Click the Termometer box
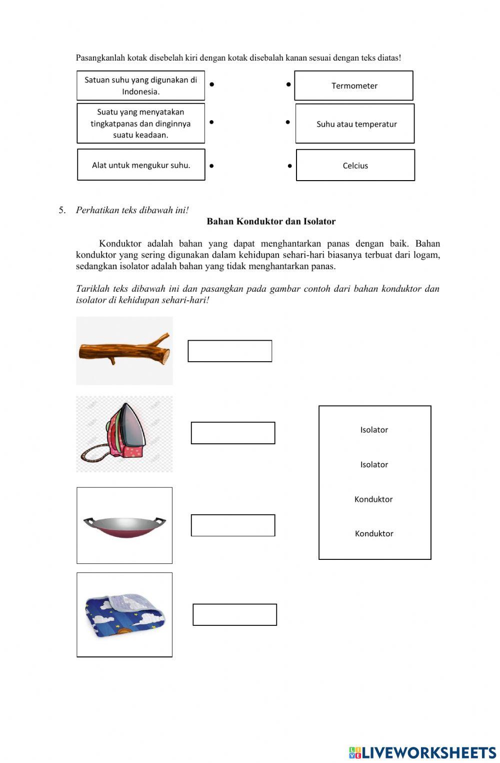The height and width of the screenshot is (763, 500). pyautogui.click(x=353, y=86)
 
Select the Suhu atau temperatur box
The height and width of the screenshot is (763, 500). pyautogui.click(x=355, y=124)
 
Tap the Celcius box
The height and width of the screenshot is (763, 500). pyautogui.click(x=355, y=165)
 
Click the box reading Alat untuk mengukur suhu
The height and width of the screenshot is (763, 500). pyautogui.click(x=141, y=165)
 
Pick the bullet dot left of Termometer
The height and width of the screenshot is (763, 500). pyautogui.click(x=288, y=84)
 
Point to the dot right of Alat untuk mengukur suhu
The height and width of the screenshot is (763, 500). pyautogui.click(x=212, y=166)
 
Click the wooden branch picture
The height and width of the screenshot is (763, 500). pyautogui.click(x=124, y=350)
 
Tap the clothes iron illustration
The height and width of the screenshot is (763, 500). pyautogui.click(x=124, y=434)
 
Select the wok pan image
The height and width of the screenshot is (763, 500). pyautogui.click(x=124, y=525)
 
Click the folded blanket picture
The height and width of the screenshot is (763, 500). pyautogui.click(x=124, y=614)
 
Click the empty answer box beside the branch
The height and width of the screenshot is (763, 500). pyautogui.click(x=229, y=351)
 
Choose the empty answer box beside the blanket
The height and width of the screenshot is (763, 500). pyautogui.click(x=234, y=614)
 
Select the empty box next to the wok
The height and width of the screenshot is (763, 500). pyautogui.click(x=233, y=525)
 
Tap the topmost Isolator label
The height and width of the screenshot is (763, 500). pyautogui.click(x=374, y=430)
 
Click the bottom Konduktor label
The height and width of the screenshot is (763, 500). pyautogui.click(x=374, y=533)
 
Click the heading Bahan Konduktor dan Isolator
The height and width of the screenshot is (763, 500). pyautogui.click(x=271, y=221)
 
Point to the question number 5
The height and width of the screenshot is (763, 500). pyautogui.click(x=62, y=210)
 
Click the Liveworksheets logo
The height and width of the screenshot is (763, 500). pyautogui.click(x=422, y=752)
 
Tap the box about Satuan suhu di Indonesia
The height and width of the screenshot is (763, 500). pyautogui.click(x=140, y=86)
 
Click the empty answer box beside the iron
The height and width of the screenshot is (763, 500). pyautogui.click(x=233, y=433)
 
